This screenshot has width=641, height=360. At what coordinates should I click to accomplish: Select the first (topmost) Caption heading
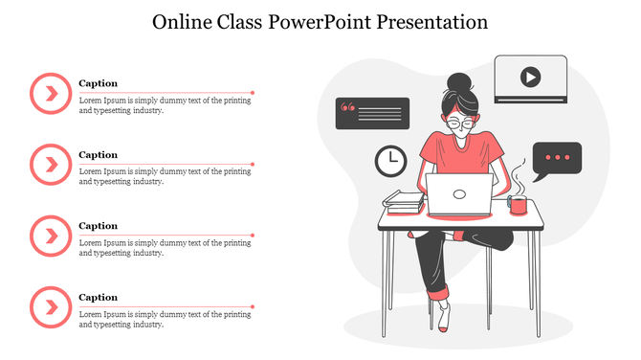coord(98,83)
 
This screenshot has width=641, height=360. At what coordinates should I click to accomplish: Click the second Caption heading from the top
coord(98,154)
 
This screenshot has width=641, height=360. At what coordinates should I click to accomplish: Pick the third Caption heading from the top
coord(98,226)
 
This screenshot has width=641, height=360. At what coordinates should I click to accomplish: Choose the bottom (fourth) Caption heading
coord(98,297)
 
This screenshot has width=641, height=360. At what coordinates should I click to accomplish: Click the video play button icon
coord(530,76)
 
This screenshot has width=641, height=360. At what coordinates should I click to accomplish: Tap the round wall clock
coord(389,160)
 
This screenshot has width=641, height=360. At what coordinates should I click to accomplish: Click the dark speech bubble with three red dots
coord(557,159)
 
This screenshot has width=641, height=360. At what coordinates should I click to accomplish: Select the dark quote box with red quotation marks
coord(371,113)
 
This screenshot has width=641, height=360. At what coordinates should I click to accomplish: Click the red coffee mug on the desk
coord(518,205)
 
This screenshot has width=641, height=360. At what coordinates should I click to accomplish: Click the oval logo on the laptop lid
coord(459,193)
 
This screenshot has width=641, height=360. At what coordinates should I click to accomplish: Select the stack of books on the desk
coord(403,201)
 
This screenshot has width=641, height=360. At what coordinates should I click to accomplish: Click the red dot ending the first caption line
coord(253,93)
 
